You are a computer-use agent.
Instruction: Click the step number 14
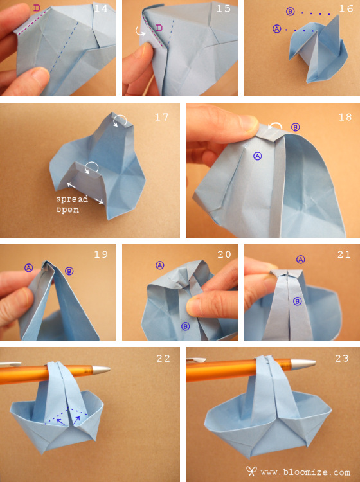(100, 8)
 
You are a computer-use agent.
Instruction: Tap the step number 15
(223, 8)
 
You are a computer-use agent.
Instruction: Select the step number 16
(346, 8)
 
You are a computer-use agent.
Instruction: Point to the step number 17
(162, 117)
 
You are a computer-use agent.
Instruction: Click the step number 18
(345, 117)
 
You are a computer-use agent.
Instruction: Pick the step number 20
(224, 254)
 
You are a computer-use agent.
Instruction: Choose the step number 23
(342, 358)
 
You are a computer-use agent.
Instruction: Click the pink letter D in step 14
(37, 8)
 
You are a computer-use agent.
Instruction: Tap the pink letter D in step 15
(159, 28)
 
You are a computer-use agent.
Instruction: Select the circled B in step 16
(290, 12)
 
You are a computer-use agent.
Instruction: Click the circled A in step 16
(276, 29)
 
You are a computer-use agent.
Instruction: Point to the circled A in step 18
(257, 156)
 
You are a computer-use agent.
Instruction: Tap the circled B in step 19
(69, 271)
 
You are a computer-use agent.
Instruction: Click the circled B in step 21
(297, 301)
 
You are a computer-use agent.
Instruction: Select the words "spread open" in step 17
(72, 204)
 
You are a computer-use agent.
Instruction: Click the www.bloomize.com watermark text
(305, 472)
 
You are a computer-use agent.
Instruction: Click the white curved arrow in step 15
(139, 31)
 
